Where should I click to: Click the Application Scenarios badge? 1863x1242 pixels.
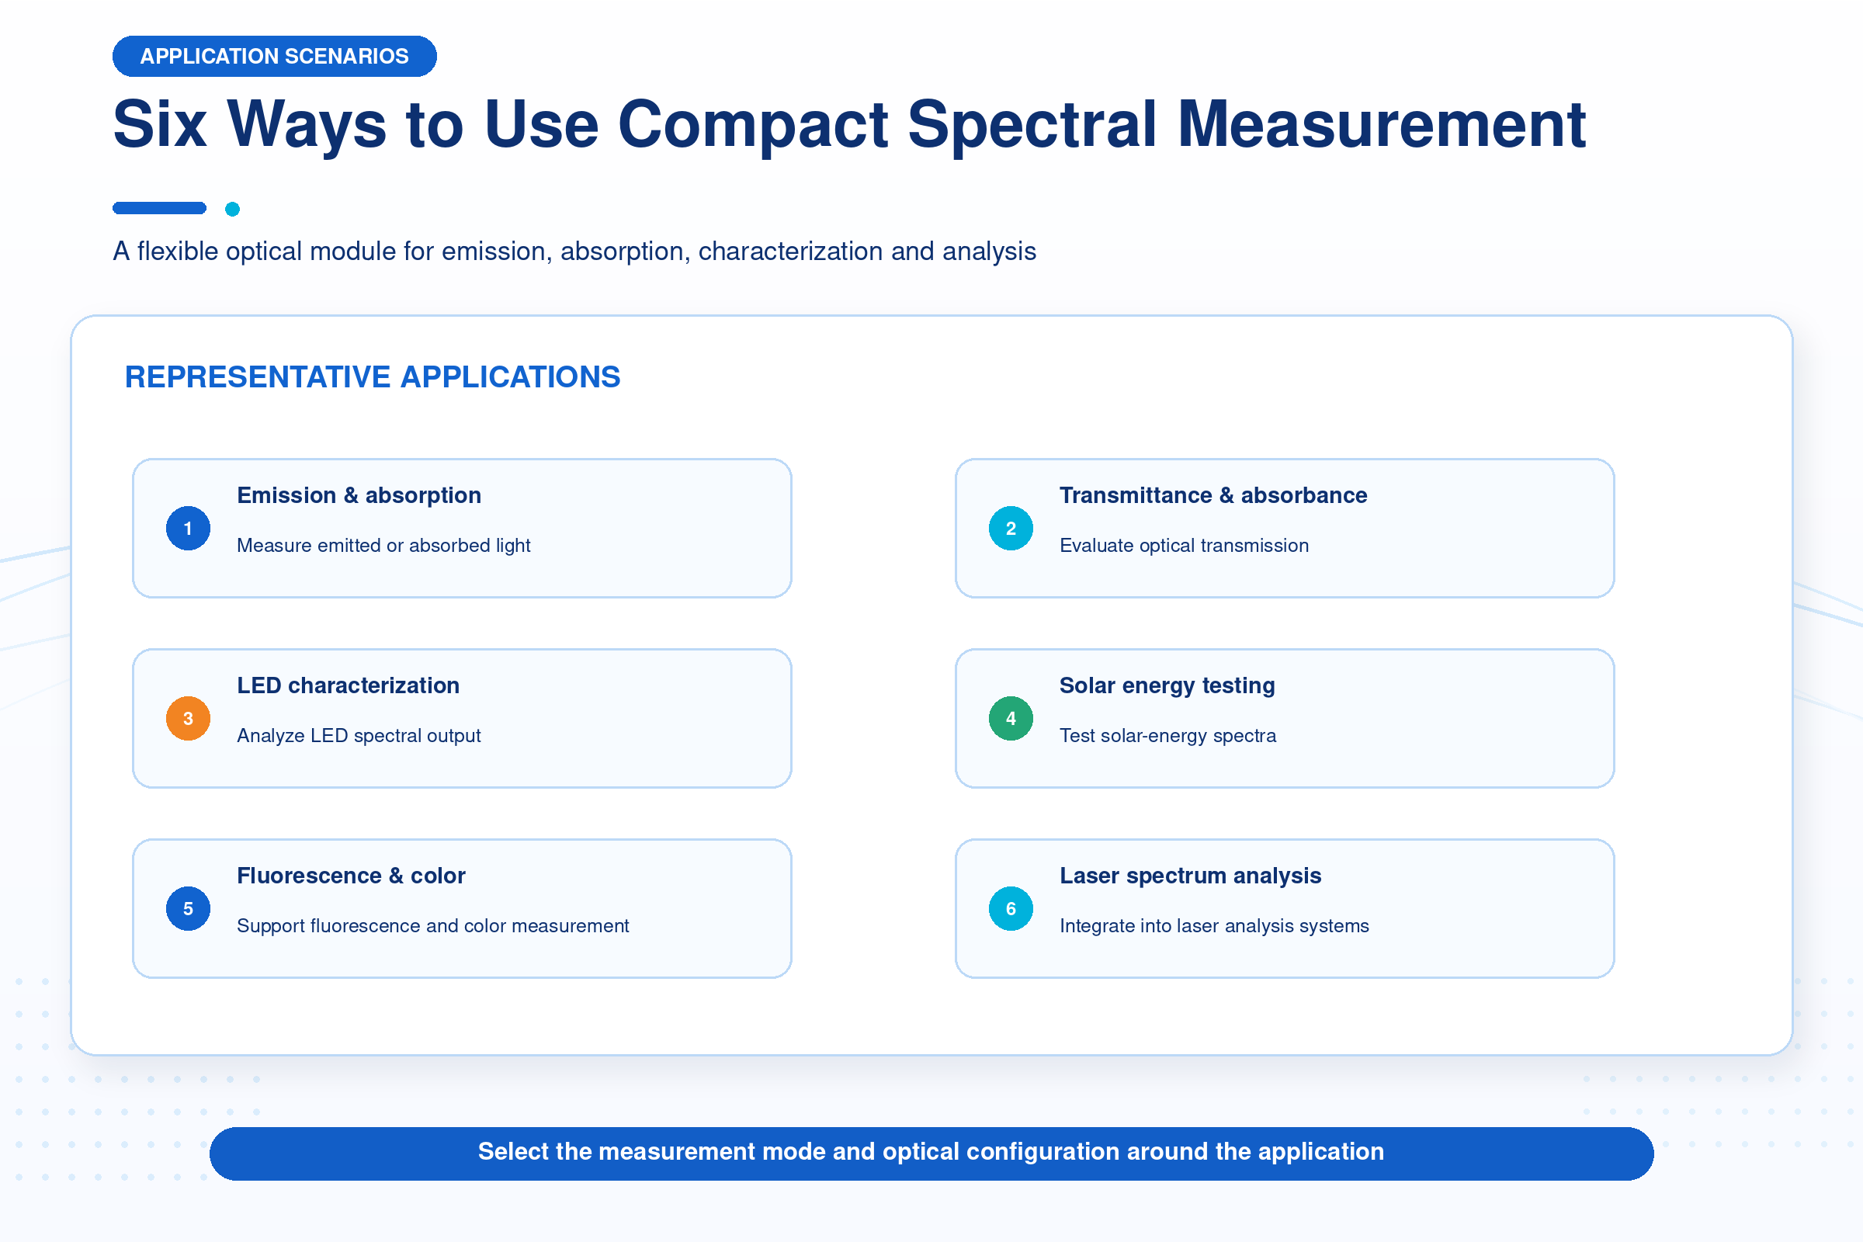tap(274, 56)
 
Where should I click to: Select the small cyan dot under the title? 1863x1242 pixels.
tap(232, 209)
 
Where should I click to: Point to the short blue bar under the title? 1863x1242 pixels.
tap(159, 208)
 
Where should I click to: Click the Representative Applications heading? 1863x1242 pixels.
tap(373, 377)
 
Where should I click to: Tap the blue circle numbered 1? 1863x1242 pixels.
tap(188, 529)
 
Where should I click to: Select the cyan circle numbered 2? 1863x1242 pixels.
tap(1011, 529)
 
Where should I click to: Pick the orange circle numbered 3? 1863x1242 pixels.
tap(188, 719)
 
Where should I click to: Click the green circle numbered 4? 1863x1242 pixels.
tap(1011, 719)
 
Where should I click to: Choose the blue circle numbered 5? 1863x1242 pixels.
tap(188, 908)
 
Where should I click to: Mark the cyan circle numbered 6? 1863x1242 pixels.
tap(1011, 908)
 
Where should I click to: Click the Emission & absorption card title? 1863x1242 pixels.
tap(359, 496)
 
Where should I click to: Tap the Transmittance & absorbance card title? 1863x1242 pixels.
tap(1213, 496)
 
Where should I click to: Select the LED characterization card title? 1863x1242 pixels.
tap(348, 686)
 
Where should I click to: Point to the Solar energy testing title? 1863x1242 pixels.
tap(1167, 686)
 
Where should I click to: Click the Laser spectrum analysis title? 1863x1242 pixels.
tap(1191, 876)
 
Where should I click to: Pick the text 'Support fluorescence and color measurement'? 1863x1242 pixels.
tap(432, 926)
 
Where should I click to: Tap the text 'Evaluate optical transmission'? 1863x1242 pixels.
tap(1185, 546)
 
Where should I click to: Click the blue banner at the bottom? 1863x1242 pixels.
tap(931, 1154)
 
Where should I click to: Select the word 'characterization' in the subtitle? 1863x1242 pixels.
tap(790, 251)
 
